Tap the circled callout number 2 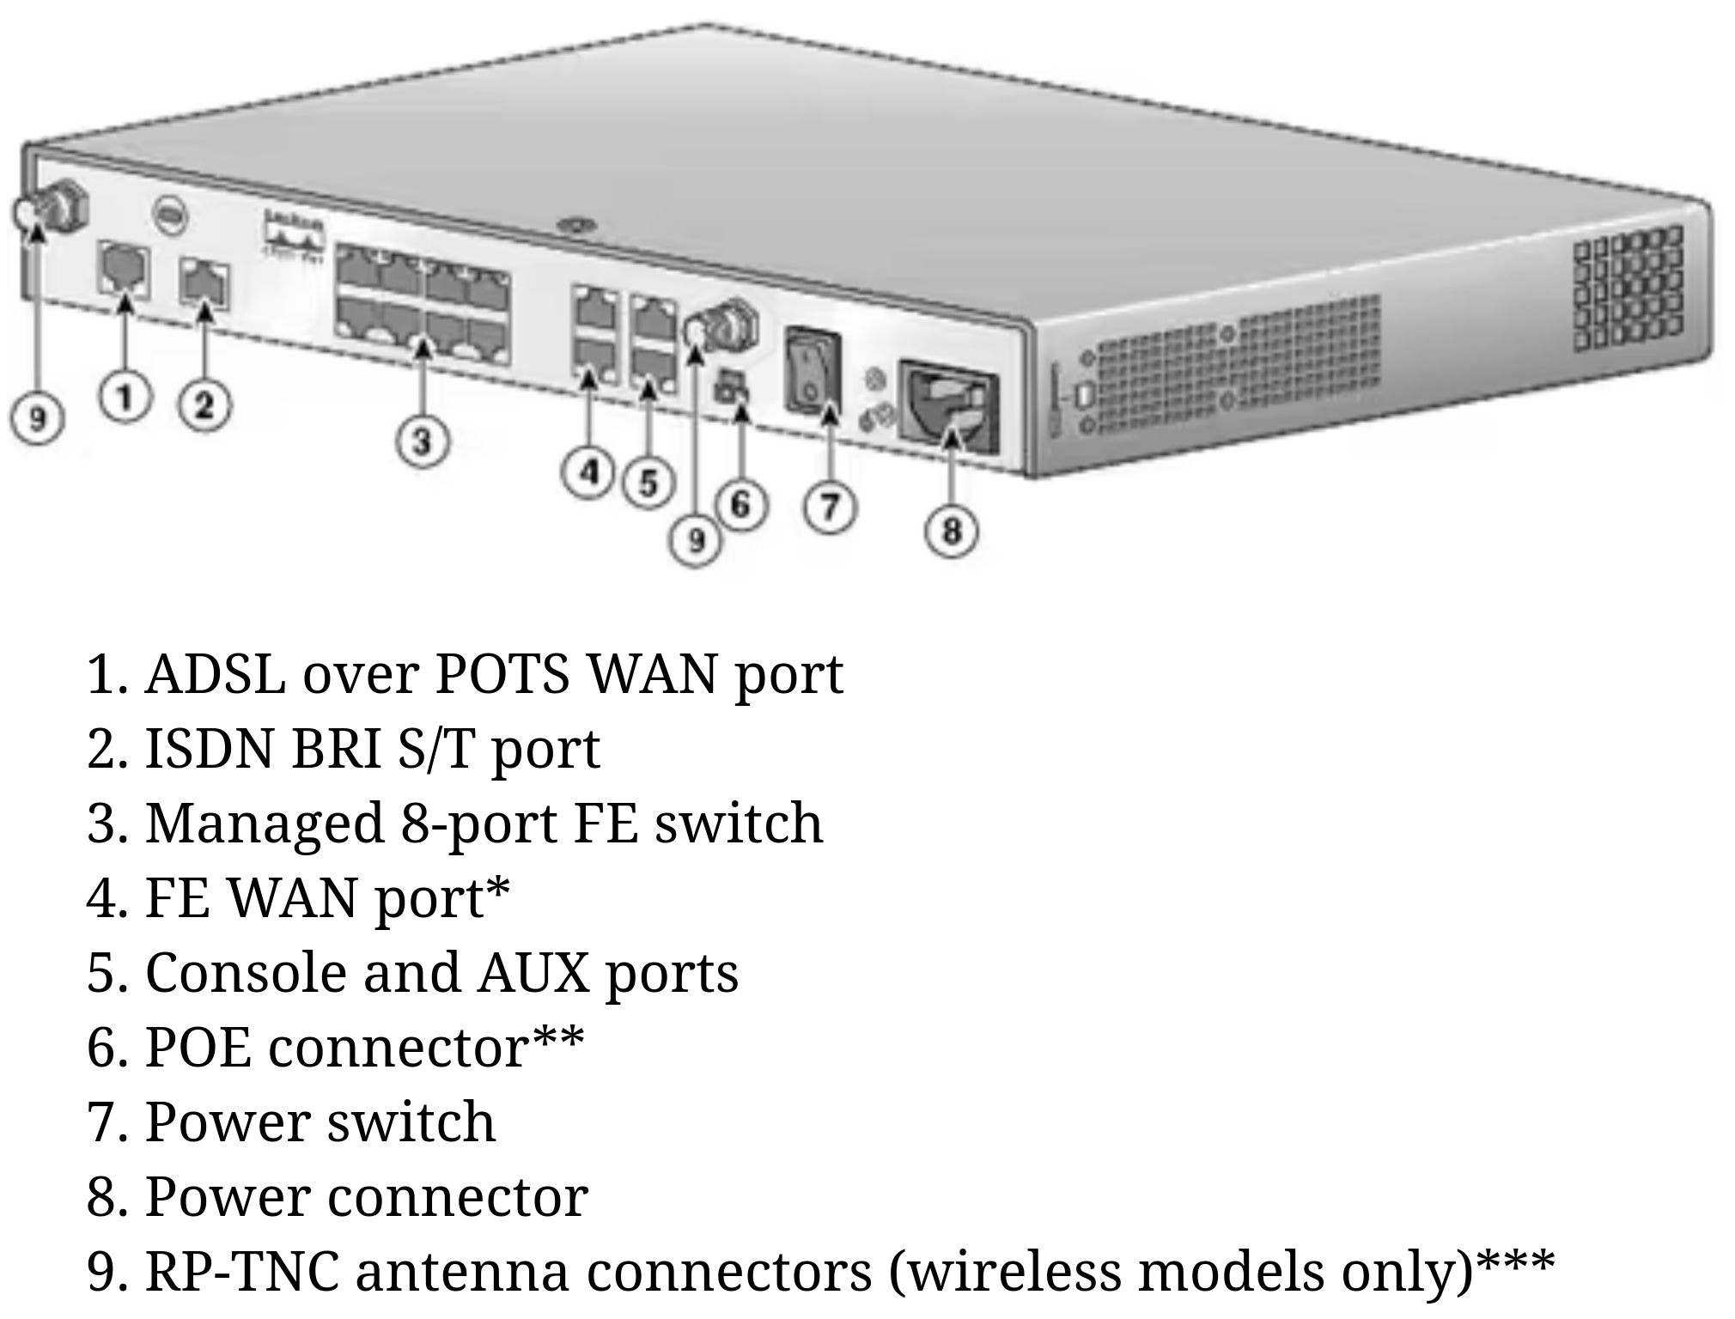[x=204, y=405]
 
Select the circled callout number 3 [x=422, y=442]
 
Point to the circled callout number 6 [x=741, y=504]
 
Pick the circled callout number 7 [x=830, y=507]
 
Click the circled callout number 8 [x=952, y=531]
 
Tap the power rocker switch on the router [x=812, y=369]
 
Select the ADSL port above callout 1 [x=125, y=270]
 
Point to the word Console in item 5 [x=246, y=973]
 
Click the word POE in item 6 [x=198, y=1048]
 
